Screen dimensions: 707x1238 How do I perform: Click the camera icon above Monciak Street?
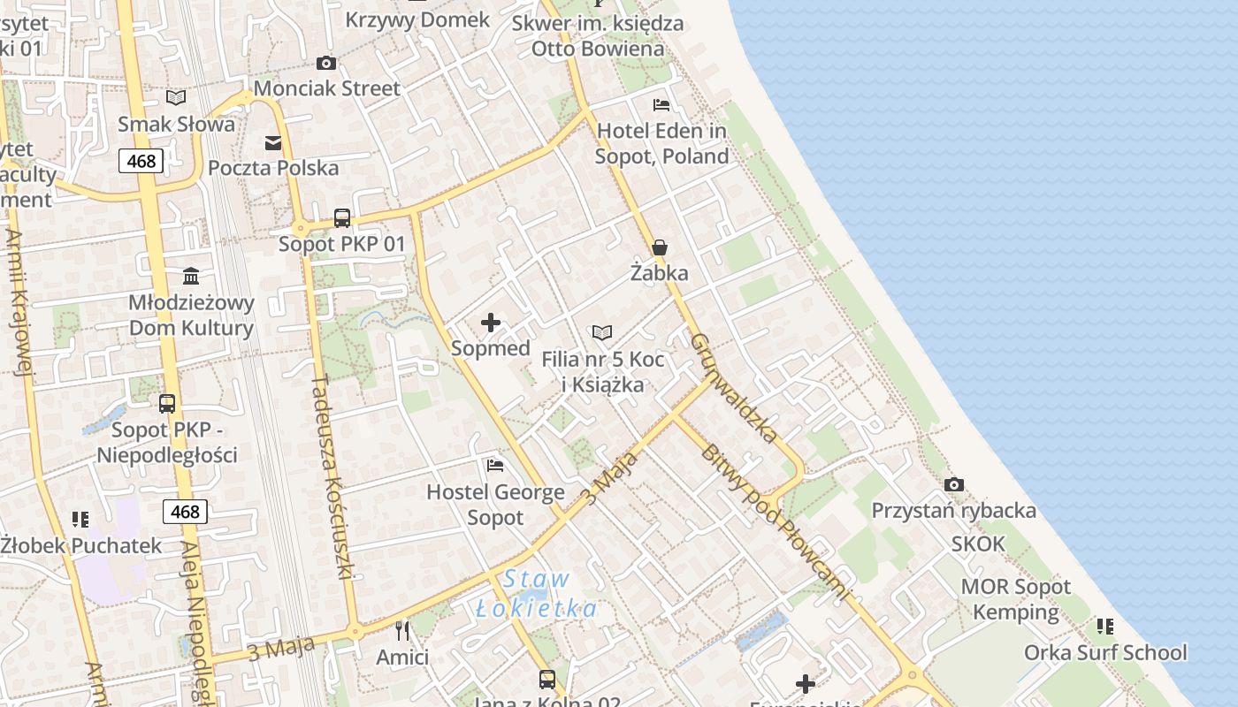coord(326,63)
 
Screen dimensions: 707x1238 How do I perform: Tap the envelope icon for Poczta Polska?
coord(273,142)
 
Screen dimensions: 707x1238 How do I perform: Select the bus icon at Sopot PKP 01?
coord(342,217)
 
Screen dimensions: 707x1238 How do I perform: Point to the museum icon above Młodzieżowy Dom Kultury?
coord(191,276)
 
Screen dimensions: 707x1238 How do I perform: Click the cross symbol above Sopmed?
coord(491,323)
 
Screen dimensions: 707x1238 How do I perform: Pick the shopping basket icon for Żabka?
coord(660,247)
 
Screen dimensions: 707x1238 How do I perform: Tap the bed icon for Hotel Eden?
coord(661,105)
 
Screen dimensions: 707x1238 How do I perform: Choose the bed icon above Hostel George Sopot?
coord(495,465)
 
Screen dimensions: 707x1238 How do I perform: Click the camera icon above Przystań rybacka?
coord(953,484)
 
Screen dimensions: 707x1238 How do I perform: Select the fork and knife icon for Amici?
coord(402,630)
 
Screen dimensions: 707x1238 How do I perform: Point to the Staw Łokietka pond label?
coord(536,594)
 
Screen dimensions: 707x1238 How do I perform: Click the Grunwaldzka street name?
coord(734,387)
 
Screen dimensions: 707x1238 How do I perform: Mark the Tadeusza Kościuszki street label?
coord(332,477)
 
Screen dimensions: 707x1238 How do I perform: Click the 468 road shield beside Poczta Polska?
coord(141,161)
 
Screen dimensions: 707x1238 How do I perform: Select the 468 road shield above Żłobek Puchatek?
coord(185,512)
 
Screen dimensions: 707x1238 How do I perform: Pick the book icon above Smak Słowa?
coord(176,97)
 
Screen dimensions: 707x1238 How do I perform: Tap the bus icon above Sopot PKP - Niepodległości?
coord(167,404)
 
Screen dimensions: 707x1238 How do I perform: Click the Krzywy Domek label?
coord(417,19)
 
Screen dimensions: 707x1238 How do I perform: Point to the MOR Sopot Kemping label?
coord(1015,599)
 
